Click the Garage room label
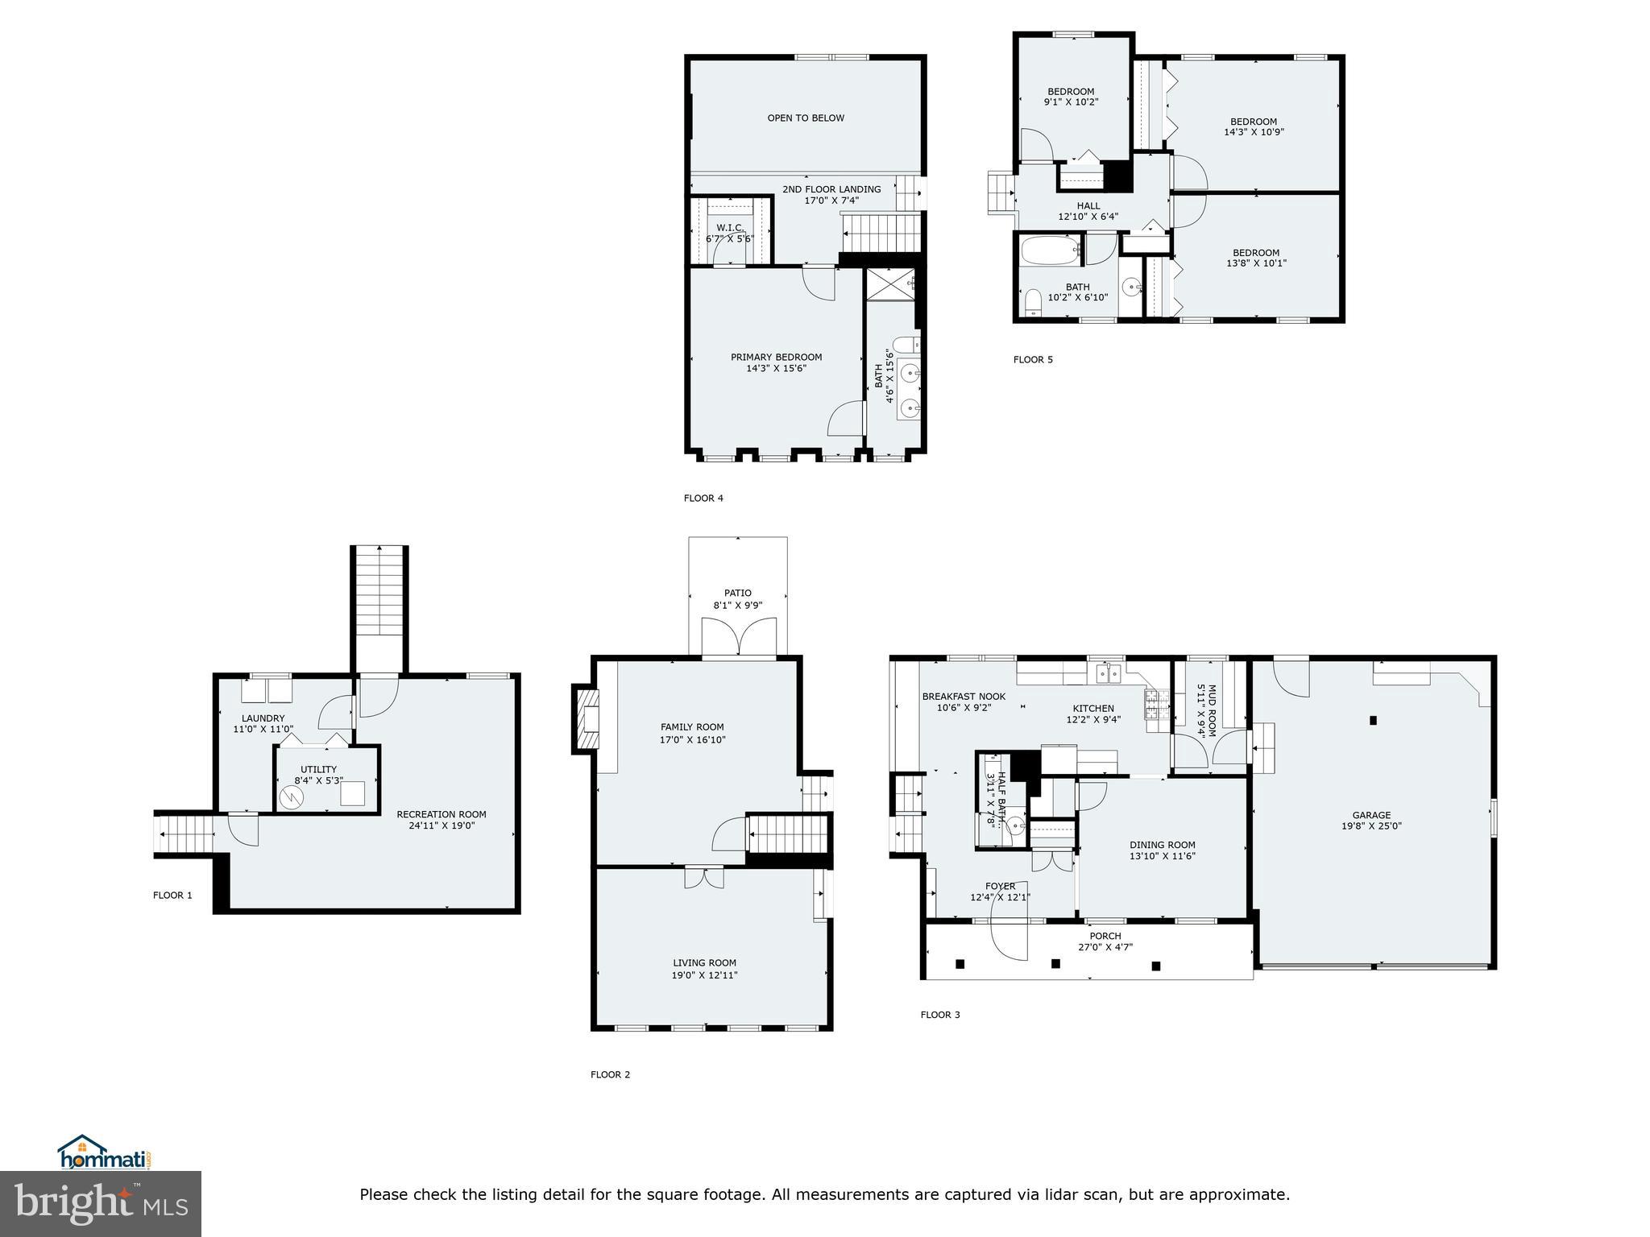1371,815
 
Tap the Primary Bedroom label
776,357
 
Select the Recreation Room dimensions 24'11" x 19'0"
441,825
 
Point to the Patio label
737,593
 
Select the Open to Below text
806,118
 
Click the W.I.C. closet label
730,228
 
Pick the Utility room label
318,769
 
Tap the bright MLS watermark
101,1204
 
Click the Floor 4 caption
703,498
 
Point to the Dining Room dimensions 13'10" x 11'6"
1162,856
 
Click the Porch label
1105,936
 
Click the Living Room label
704,962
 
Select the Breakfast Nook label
964,697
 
